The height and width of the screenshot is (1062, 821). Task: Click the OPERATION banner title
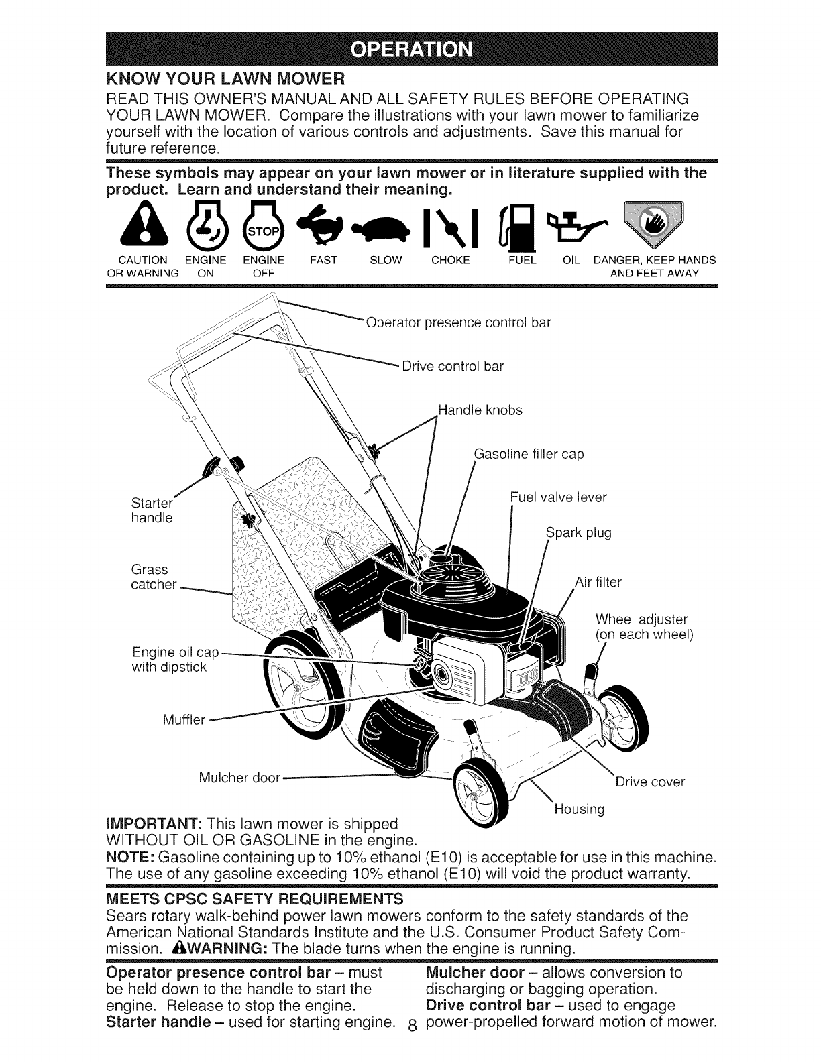(410, 51)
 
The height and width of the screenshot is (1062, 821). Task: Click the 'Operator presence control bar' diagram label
(458, 322)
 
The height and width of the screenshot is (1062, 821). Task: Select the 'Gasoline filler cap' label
(529, 454)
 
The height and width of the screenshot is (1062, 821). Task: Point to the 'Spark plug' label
(579, 533)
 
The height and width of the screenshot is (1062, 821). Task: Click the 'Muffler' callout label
(185, 720)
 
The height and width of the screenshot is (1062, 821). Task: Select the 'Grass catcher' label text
(154, 577)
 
